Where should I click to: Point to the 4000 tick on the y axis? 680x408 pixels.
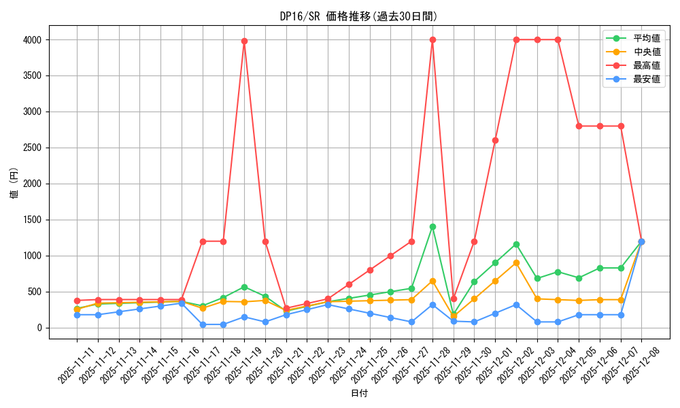point(31,40)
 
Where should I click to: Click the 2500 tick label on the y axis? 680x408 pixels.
point(31,148)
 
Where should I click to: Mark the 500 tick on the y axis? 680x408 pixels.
point(34,292)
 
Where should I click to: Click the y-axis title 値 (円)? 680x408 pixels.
point(14,184)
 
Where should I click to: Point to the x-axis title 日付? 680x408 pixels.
point(359,394)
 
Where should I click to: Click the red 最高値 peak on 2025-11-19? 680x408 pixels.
point(244,41)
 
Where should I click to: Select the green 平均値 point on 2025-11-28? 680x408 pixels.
point(432,226)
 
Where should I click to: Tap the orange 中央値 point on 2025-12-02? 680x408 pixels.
point(516,262)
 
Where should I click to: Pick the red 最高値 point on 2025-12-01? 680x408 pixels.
point(495,140)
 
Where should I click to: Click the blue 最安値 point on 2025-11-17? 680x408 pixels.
point(203,324)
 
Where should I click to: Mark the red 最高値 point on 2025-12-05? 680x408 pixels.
point(579,126)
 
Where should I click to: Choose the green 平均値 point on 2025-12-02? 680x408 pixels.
point(516,244)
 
